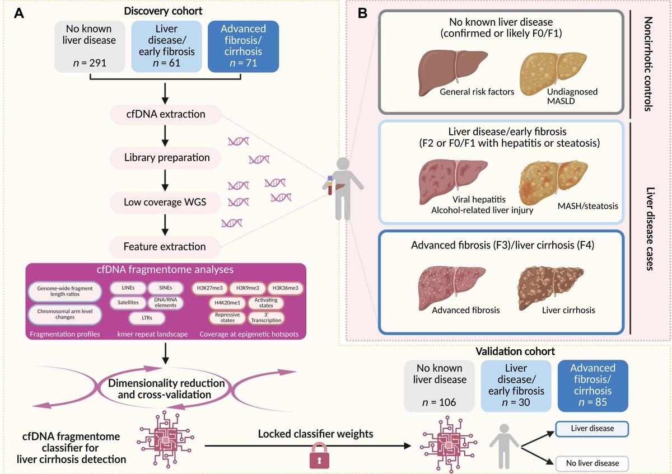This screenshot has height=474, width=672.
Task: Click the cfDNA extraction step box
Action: [166, 115]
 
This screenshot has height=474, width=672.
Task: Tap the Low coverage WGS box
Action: [166, 202]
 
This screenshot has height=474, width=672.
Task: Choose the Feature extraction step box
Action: [166, 246]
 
